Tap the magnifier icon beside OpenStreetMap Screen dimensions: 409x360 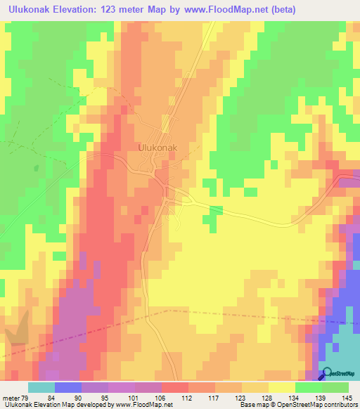click(327, 375)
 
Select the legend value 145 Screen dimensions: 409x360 click(347, 398)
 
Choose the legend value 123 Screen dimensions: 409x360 click(241, 398)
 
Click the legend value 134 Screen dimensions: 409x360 click(295, 398)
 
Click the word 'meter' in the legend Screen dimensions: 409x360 click(11, 398)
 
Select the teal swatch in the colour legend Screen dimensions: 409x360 click(41, 387)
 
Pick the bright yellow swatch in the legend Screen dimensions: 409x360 click(281, 387)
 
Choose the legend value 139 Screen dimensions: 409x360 click(321, 398)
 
